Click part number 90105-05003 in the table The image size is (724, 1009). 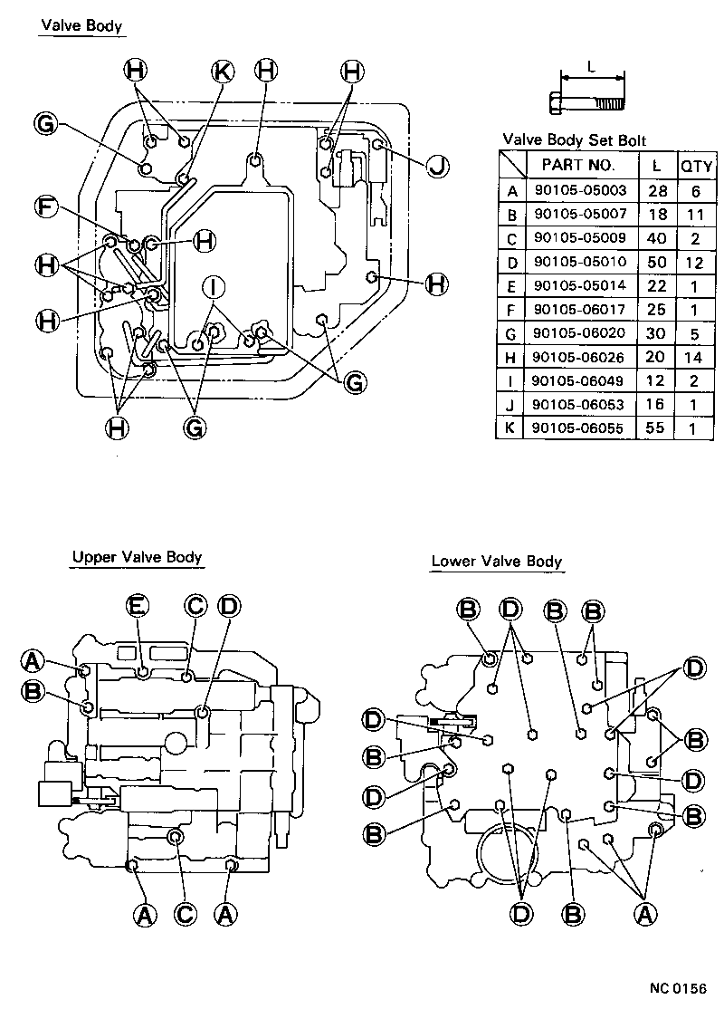pyautogui.click(x=579, y=191)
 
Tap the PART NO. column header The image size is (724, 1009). pyautogui.click(x=579, y=165)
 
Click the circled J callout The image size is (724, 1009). pyautogui.click(x=437, y=166)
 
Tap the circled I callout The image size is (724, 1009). pyautogui.click(x=214, y=287)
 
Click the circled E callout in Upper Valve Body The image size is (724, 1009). pyautogui.click(x=137, y=605)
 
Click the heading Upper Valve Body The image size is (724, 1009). pyautogui.click(x=137, y=557)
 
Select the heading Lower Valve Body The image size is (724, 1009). pyautogui.click(x=496, y=562)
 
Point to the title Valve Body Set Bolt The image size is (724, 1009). pyautogui.click(x=574, y=139)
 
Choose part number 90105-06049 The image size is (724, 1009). pyautogui.click(x=579, y=380)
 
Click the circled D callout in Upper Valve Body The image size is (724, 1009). pyautogui.click(x=229, y=605)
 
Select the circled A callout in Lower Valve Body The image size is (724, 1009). pyautogui.click(x=644, y=915)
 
